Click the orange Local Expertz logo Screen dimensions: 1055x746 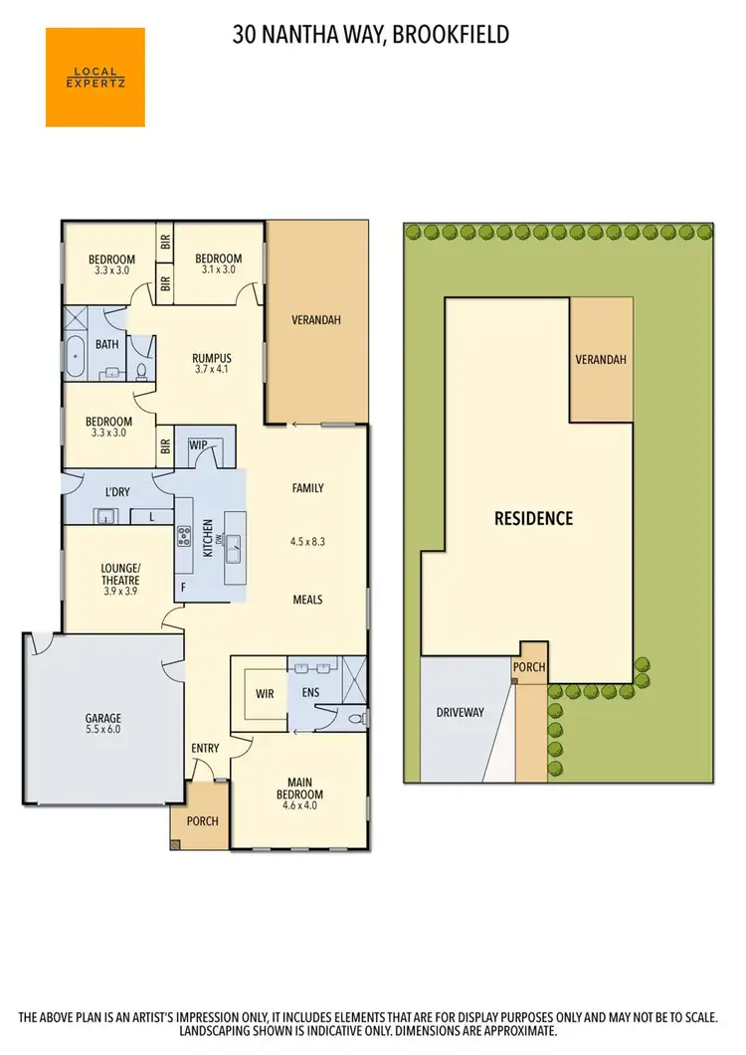click(95, 77)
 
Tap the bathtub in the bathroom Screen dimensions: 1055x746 click(77, 356)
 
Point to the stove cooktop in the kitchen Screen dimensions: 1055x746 click(184, 537)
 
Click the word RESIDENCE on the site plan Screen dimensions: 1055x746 click(534, 518)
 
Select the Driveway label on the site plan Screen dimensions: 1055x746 click(460, 712)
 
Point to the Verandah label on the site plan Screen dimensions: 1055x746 click(601, 359)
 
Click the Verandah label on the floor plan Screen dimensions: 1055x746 click(315, 320)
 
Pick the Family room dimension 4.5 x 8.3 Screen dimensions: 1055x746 click(308, 543)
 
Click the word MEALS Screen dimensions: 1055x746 click(307, 600)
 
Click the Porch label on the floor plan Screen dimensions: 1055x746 click(202, 821)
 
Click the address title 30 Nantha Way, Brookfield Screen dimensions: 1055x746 click(371, 36)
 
